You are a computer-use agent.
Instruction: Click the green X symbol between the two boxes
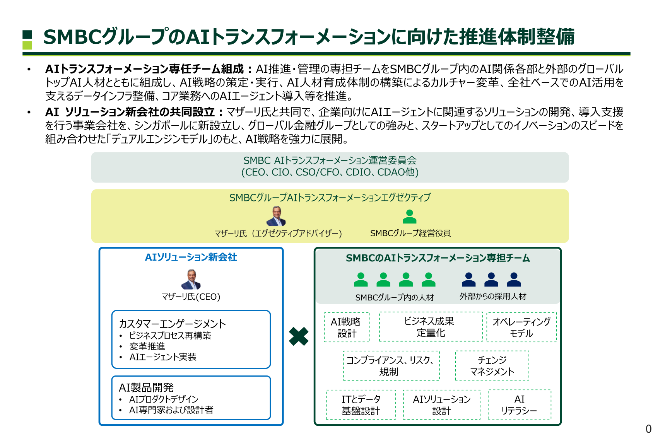pyautogui.click(x=299, y=336)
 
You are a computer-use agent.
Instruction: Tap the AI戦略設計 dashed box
pyautogui.click(x=347, y=328)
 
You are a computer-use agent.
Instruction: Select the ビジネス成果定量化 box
pyautogui.click(x=431, y=327)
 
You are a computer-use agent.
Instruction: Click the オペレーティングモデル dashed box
pyautogui.click(x=521, y=328)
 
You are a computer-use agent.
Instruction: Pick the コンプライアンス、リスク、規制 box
pyautogui.click(x=391, y=366)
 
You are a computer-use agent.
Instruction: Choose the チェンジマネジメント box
pyautogui.click(x=492, y=366)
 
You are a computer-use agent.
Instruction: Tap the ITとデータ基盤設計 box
pyautogui.click(x=361, y=405)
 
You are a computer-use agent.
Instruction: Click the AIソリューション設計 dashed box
pyautogui.click(x=441, y=405)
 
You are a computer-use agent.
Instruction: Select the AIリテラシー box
pyautogui.click(x=519, y=405)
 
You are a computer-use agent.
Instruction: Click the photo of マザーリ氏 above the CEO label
pyautogui.click(x=191, y=280)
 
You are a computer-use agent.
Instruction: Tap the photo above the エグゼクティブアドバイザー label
pyautogui.click(x=276, y=216)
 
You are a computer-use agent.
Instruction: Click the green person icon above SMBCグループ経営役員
pyautogui.click(x=409, y=217)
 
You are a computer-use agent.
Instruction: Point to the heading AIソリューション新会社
pyautogui.click(x=191, y=258)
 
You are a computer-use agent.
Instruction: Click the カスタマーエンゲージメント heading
pyautogui.click(x=172, y=324)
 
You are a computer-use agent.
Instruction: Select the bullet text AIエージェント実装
pyautogui.click(x=163, y=357)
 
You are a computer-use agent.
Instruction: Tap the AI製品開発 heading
pyautogui.click(x=146, y=387)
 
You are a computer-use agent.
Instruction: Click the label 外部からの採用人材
pyautogui.click(x=492, y=297)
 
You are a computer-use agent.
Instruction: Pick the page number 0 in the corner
pyautogui.click(x=648, y=429)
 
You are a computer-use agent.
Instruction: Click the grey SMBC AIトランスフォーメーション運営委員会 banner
pyautogui.click(x=330, y=167)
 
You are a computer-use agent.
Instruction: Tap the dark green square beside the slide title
pyautogui.click(x=27, y=34)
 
